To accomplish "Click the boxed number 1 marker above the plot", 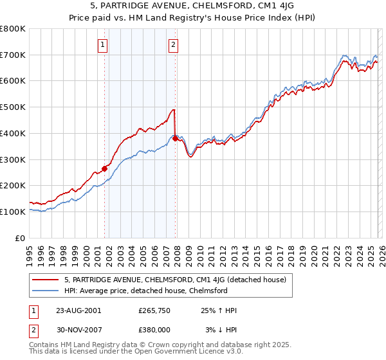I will point(104,44).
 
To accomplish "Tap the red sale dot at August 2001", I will point(104,168).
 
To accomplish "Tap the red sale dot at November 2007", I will point(175,138).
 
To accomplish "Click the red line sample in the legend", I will point(45,280).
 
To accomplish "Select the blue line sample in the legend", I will point(45,291).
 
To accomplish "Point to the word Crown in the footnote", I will point(145,345).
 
